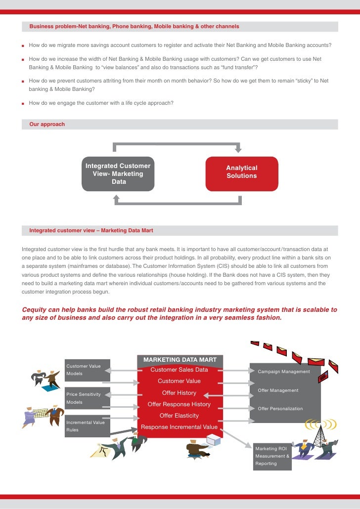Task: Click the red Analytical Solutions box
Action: (x=241, y=173)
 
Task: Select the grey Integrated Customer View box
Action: (x=118, y=174)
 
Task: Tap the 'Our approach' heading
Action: (x=47, y=124)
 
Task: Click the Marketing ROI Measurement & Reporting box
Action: (x=272, y=456)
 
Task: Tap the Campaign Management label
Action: (x=284, y=372)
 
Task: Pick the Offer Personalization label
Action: (x=280, y=409)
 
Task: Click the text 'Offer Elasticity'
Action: (x=179, y=416)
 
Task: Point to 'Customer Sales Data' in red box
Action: (x=179, y=370)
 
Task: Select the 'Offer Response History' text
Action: (x=179, y=404)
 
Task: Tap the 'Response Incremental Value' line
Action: (x=179, y=427)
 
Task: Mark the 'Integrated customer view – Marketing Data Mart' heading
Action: (x=91, y=230)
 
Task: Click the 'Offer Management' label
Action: (x=278, y=390)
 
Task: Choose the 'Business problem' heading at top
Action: (x=134, y=26)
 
